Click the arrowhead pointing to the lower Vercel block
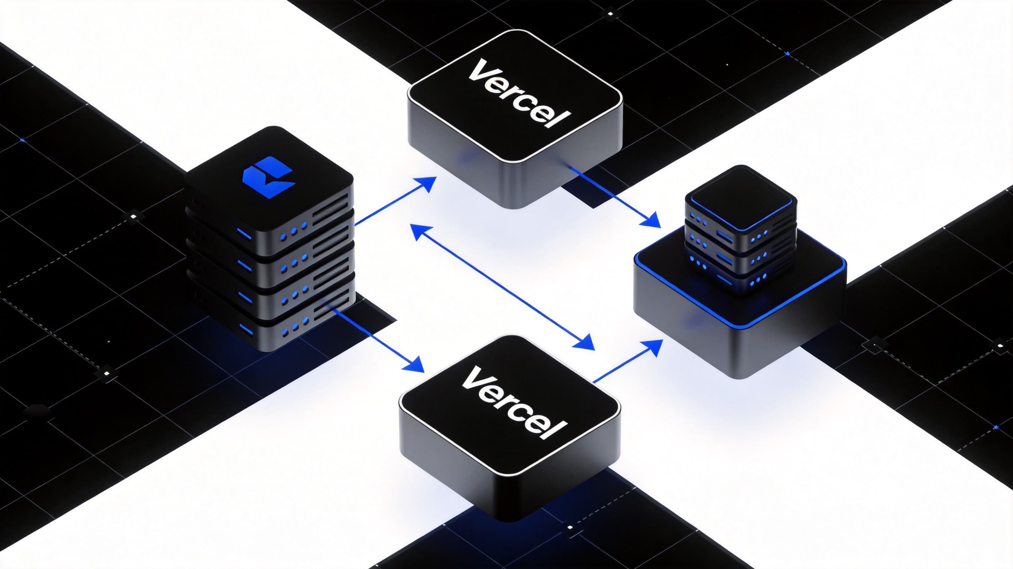(x=415, y=365)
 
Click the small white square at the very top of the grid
(x=610, y=14)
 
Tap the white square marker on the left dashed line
(x=133, y=216)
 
